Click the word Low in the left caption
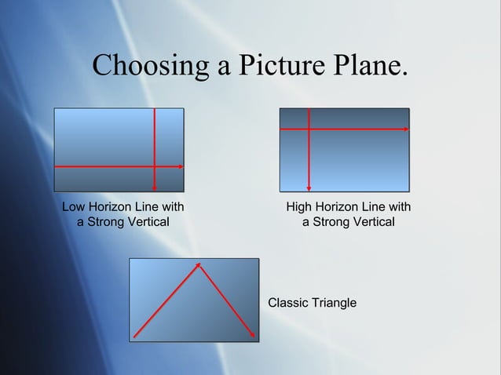(x=74, y=208)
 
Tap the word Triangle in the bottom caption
(x=335, y=303)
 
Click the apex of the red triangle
(x=199, y=264)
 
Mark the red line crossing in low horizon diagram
(x=155, y=166)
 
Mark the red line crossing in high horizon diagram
(x=309, y=127)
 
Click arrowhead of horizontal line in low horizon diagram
(x=181, y=166)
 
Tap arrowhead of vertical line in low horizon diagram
(x=155, y=188)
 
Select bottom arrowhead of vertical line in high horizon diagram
(x=309, y=188)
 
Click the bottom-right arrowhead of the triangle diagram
(x=253, y=337)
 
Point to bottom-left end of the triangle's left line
(x=134, y=337)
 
